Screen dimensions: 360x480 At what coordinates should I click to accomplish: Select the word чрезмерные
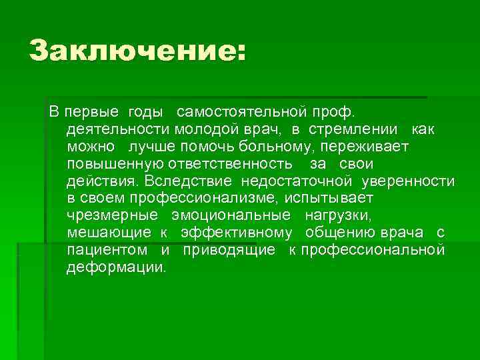(112, 216)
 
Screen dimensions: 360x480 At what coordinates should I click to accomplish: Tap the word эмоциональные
(230, 216)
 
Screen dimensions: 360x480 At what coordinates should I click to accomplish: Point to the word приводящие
(228, 251)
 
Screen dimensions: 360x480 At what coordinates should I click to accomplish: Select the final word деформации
(117, 268)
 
